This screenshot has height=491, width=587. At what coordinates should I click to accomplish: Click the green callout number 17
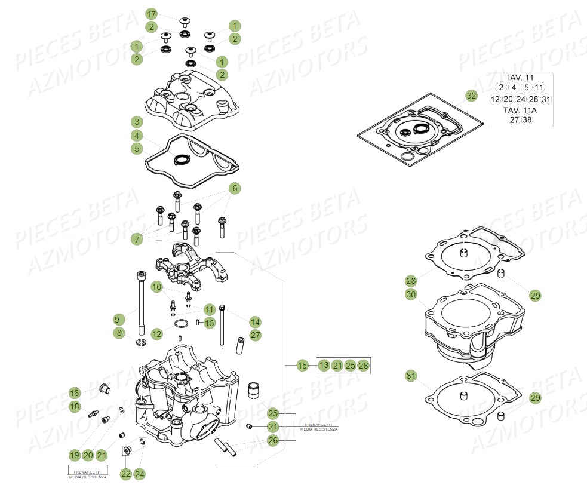tap(152, 14)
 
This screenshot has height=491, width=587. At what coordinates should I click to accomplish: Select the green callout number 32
tap(471, 96)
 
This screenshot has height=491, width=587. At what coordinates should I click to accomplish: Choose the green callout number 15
tap(303, 365)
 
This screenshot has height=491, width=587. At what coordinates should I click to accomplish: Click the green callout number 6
tap(235, 188)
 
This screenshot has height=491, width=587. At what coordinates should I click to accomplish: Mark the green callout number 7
tap(137, 239)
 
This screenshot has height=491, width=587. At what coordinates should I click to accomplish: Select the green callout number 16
tap(74, 392)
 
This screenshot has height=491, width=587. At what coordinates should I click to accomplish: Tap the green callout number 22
tap(125, 474)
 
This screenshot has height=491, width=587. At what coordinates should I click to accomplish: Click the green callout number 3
tap(137, 122)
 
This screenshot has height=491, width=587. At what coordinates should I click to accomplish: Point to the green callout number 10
tap(156, 288)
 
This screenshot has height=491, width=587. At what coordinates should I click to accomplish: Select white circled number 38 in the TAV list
tap(527, 120)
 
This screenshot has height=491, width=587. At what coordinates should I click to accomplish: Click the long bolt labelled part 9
tap(142, 305)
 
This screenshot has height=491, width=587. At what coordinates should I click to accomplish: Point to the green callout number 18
tap(74, 407)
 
